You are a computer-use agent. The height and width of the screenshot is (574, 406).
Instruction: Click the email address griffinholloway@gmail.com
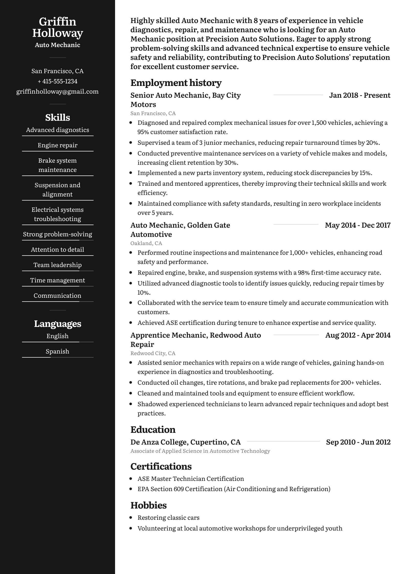[x=58, y=92]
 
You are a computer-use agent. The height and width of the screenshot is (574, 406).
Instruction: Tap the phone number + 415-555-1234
[x=58, y=81]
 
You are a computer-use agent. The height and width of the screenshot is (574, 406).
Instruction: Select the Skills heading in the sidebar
[x=58, y=118]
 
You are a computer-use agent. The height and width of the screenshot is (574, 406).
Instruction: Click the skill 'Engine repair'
[x=58, y=145]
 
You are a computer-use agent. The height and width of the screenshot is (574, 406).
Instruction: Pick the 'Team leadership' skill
[x=58, y=265]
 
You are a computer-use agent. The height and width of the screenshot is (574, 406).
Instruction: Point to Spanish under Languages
[x=58, y=351]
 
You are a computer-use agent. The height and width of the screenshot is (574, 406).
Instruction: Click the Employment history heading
[x=176, y=83]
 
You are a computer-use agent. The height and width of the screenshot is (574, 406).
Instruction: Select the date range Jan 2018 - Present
[x=360, y=95]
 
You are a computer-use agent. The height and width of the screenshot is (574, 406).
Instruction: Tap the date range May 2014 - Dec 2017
[x=358, y=225]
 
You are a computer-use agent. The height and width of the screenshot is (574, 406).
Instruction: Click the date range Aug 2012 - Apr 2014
[x=358, y=335]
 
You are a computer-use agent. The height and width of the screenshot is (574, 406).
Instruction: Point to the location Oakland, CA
[x=146, y=243]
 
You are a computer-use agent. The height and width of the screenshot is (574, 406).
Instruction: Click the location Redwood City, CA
[x=153, y=353]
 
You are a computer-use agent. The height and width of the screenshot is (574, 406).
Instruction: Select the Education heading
[x=153, y=430]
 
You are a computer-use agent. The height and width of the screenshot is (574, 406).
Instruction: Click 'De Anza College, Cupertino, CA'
[x=186, y=442]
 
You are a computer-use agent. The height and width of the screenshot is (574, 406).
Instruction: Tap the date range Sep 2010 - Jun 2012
[x=358, y=442]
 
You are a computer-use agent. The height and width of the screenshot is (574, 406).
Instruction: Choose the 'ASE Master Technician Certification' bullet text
[x=191, y=479]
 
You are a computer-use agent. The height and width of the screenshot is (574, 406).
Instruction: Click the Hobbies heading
[x=149, y=505]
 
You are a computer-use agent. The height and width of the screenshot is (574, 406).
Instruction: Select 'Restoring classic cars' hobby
[x=168, y=518]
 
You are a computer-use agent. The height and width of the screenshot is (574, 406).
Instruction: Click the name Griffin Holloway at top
[x=58, y=27]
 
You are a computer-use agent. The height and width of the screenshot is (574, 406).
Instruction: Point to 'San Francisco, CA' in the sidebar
[x=58, y=71]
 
